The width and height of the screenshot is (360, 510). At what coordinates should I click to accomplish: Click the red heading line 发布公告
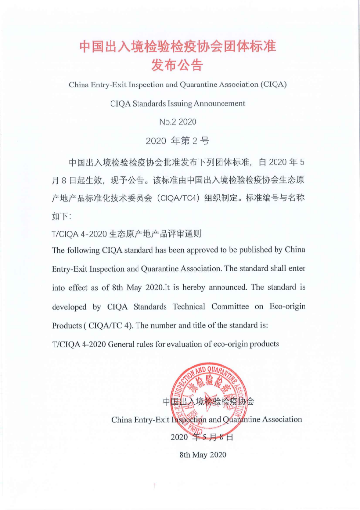[x=177, y=65]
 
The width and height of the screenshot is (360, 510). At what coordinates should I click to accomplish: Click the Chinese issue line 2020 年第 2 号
[x=177, y=142]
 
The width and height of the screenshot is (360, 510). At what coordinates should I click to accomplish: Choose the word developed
[x=65, y=307]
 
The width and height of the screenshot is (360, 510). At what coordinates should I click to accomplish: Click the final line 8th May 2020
[x=203, y=455]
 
